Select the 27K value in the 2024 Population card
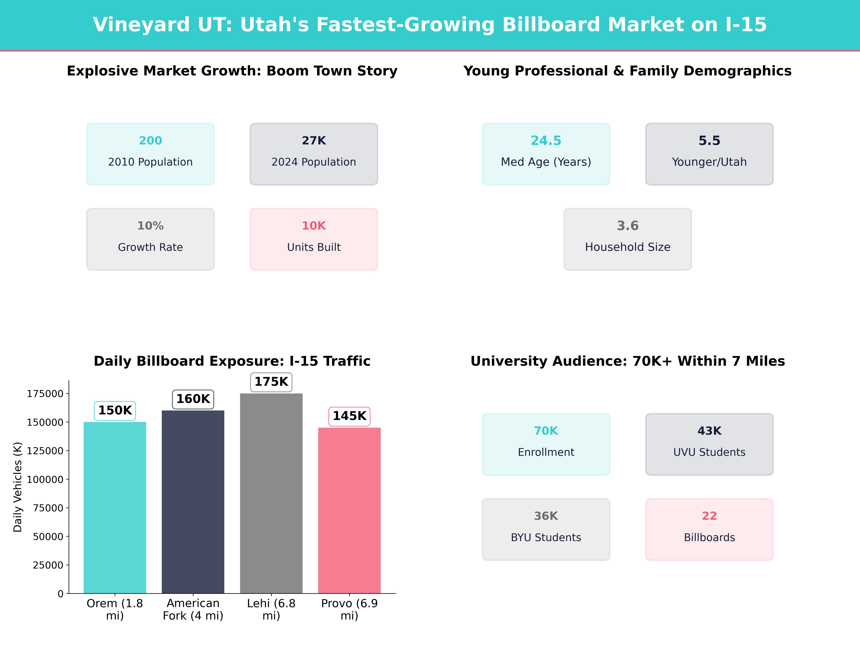[x=314, y=140]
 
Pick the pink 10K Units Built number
[x=314, y=226]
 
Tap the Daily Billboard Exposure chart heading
[x=232, y=361]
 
